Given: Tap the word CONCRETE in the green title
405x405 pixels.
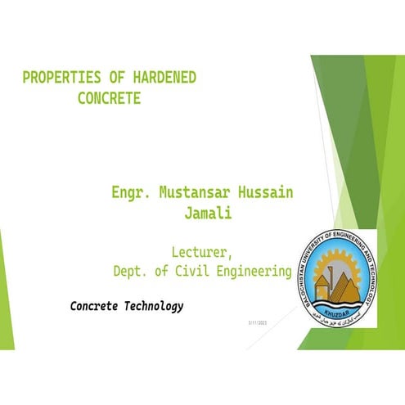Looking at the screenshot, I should pos(110,99).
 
